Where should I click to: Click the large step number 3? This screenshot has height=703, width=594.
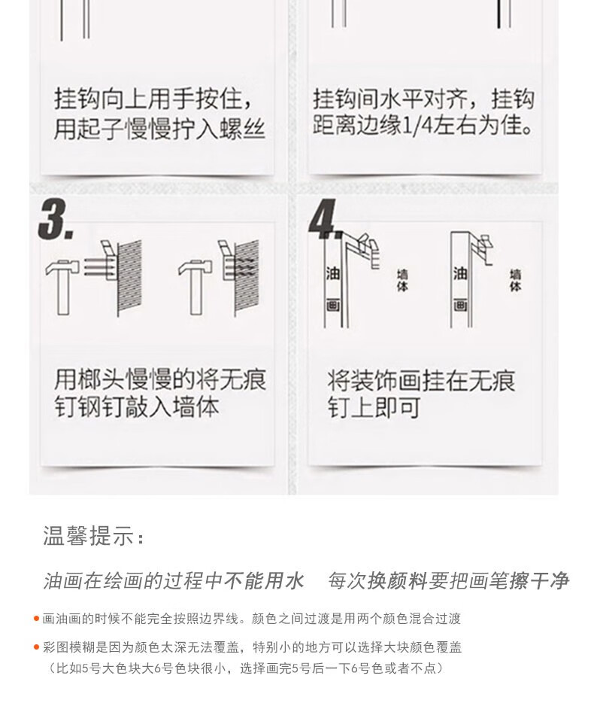click(55, 219)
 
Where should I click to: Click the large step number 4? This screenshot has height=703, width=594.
click(323, 219)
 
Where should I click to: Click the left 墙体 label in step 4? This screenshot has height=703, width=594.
click(402, 280)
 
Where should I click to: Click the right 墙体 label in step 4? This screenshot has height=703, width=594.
click(515, 280)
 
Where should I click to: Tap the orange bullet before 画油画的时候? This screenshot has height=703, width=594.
click(36, 619)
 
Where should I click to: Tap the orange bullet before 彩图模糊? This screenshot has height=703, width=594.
click(36, 647)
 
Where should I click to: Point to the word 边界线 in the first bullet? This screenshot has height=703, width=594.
click(212, 619)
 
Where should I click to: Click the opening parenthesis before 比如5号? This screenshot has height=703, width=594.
click(50, 668)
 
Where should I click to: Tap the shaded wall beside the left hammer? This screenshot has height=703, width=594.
click(129, 278)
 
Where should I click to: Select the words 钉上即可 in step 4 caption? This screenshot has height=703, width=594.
click(374, 407)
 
